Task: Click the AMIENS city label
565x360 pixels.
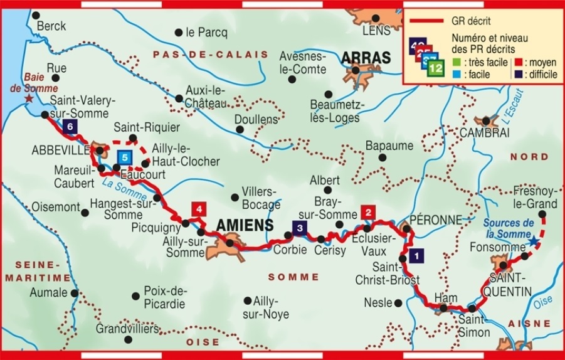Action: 245,225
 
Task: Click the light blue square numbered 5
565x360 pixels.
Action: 125,157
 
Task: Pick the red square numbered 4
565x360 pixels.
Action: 198,209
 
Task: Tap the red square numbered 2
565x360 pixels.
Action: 368,212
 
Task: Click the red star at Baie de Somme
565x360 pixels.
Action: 28,99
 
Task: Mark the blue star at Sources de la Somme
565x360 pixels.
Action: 533,241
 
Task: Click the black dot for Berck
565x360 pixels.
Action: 36,15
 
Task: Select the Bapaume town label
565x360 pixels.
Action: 389,146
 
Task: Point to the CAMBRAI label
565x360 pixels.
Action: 485,133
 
